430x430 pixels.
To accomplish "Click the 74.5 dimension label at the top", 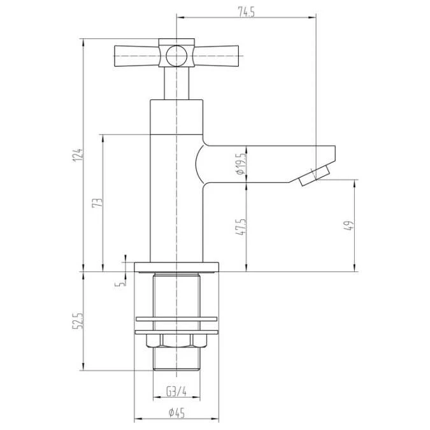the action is [x=247, y=12].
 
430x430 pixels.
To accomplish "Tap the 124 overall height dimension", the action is [x=78, y=155].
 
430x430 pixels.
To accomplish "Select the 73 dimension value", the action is [x=97, y=203].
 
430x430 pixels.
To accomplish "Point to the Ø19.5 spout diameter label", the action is [x=241, y=164].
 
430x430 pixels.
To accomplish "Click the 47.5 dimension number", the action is [x=241, y=227].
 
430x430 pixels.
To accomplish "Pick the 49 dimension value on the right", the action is [x=349, y=226].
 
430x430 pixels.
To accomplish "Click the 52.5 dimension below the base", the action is [x=78, y=321].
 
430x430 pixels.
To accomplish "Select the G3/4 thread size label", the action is [x=176, y=391].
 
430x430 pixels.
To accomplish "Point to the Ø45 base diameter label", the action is [x=176, y=412].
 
